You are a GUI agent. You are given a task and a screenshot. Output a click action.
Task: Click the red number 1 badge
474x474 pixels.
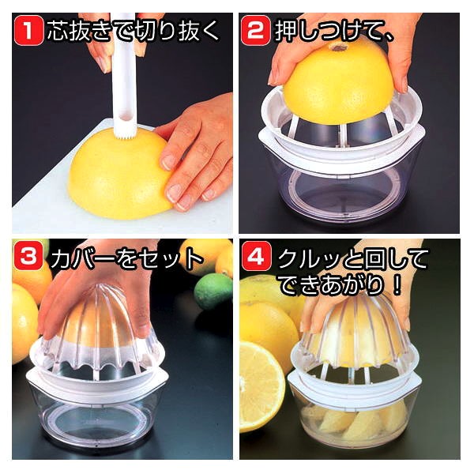point(28,32)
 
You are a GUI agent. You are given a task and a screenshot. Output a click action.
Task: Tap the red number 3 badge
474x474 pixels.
point(28,257)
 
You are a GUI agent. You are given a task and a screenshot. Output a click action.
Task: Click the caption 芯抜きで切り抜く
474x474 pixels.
point(138,32)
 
